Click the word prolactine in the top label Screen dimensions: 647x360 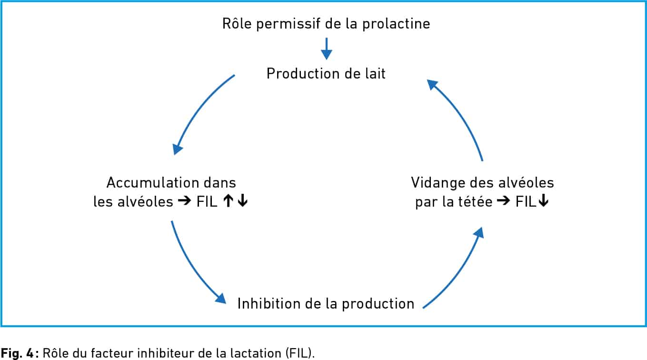(396, 24)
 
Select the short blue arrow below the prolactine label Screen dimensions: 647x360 (327, 49)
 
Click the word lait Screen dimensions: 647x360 (375, 74)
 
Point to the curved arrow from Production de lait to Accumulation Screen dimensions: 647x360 (199, 109)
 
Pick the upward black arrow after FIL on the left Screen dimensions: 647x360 (228, 201)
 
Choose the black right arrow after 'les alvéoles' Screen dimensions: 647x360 (184, 200)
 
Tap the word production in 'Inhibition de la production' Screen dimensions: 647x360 (378, 304)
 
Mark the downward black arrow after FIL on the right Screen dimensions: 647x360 (543, 201)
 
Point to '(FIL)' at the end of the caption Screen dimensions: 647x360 (300, 353)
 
